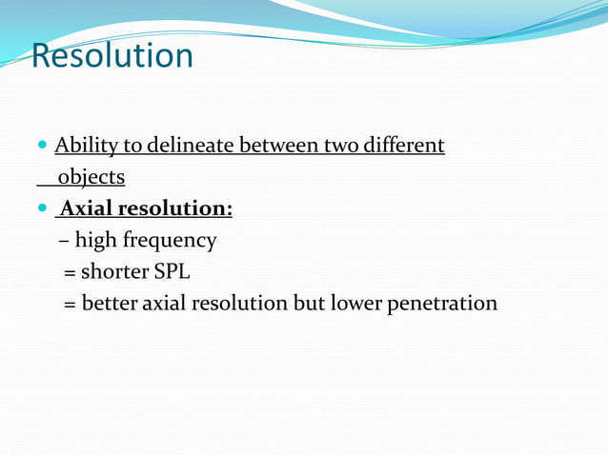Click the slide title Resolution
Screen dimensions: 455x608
point(111,55)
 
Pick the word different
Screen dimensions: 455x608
point(404,146)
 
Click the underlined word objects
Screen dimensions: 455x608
point(91,177)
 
